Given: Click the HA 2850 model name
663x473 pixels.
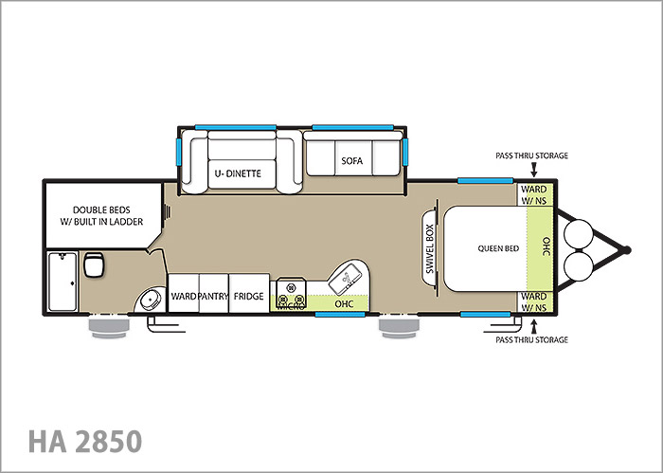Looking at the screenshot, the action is pyautogui.click(x=85, y=442).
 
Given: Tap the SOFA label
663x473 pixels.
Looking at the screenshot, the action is pyautogui.click(x=351, y=161).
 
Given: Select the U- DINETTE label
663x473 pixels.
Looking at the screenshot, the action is pyautogui.click(x=238, y=173).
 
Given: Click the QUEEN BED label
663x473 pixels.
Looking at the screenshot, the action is pyautogui.click(x=498, y=248).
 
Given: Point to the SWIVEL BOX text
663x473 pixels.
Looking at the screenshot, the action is pyautogui.click(x=430, y=248).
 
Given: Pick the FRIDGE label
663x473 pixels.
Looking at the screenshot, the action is pyautogui.click(x=248, y=296).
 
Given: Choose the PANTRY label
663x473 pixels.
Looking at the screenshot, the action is pyautogui.click(x=213, y=296).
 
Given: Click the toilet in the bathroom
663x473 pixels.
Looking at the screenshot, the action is pyautogui.click(x=94, y=264).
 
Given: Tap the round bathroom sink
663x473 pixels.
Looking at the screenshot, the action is pyautogui.click(x=151, y=300).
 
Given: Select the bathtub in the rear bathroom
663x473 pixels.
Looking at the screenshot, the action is pyautogui.click(x=63, y=282).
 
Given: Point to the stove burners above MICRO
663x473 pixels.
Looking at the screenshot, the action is pyautogui.click(x=291, y=293).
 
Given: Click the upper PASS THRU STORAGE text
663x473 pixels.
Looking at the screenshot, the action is pyautogui.click(x=531, y=155).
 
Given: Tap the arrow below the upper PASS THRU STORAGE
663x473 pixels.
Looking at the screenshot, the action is pyautogui.click(x=533, y=170).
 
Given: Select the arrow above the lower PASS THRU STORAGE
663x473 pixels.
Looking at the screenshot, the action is pyautogui.click(x=533, y=327).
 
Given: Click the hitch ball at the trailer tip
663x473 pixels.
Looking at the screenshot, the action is pyautogui.click(x=627, y=250).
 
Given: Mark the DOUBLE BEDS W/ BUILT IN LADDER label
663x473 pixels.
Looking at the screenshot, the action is pyautogui.click(x=101, y=216).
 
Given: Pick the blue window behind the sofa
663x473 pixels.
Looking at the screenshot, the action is pyautogui.click(x=352, y=128).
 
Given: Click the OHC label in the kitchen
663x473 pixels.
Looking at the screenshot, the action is pyautogui.click(x=344, y=303).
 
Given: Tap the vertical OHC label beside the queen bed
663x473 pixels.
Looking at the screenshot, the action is pyautogui.click(x=546, y=246).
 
